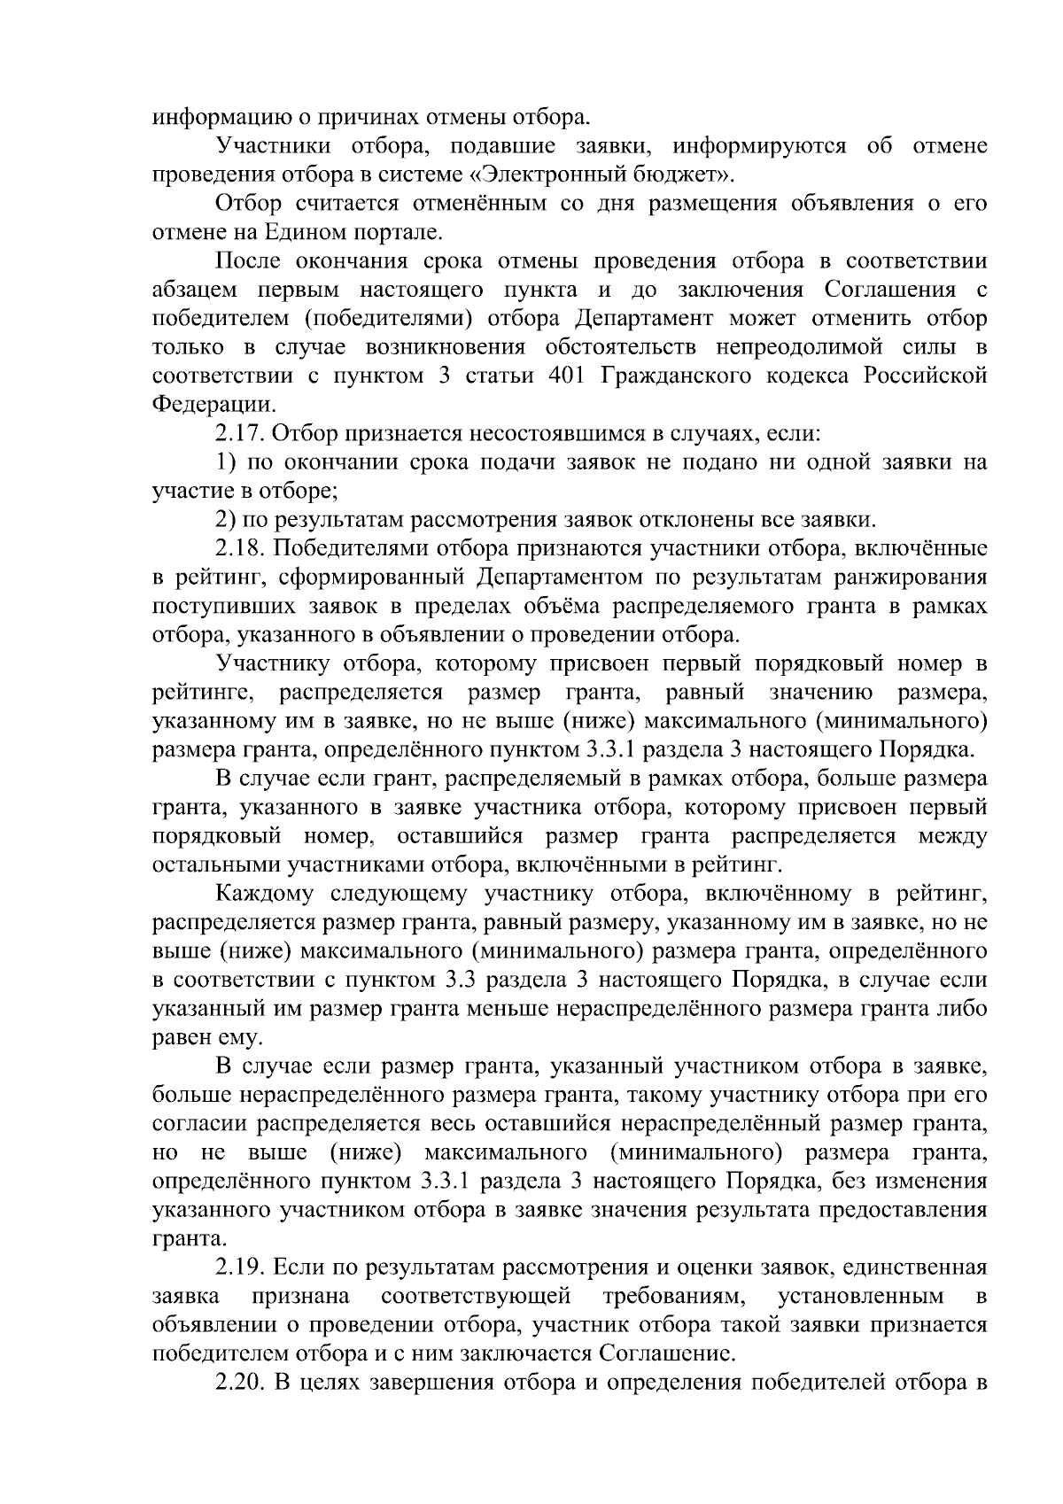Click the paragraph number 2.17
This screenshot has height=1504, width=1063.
point(240,434)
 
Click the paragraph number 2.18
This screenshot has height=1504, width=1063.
point(240,549)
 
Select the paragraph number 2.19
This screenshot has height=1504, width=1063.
point(240,1268)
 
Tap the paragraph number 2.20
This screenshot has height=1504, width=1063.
point(240,1384)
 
